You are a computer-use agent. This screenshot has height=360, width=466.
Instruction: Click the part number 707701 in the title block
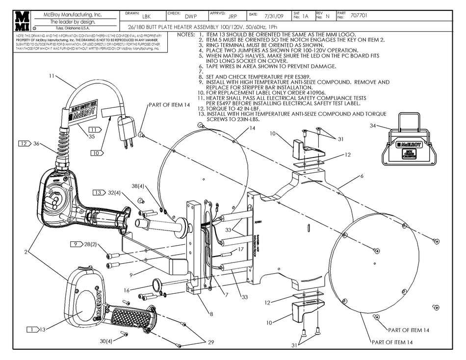[360, 16]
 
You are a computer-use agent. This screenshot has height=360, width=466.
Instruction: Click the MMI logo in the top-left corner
[21, 21]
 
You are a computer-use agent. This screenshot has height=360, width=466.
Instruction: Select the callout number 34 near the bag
[373, 126]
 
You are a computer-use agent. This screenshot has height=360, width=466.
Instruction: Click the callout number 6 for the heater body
[362, 176]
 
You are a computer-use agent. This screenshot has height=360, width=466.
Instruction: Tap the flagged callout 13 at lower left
[42, 330]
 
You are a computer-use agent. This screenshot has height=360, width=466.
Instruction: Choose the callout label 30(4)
[106, 341]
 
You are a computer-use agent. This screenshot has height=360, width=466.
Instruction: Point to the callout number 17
[241, 249]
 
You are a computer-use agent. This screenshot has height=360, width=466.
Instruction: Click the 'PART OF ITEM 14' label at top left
[169, 105]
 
